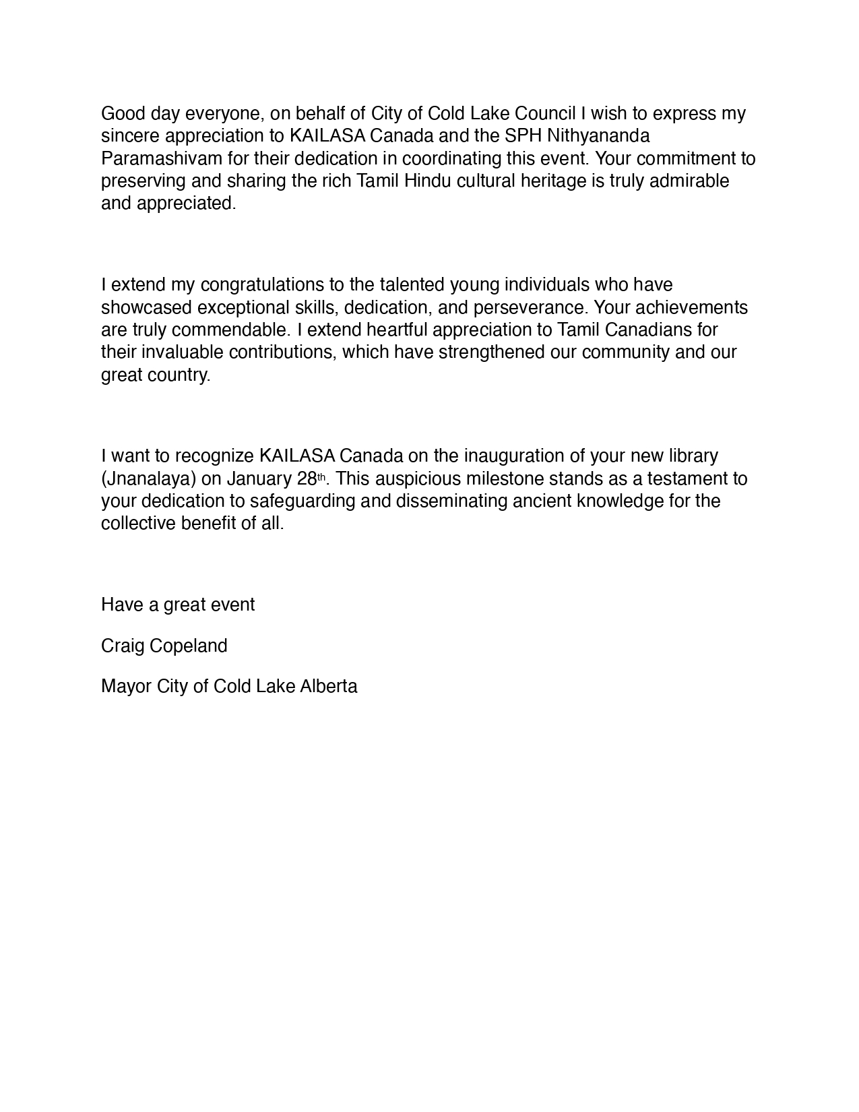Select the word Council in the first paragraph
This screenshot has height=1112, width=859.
click(x=549, y=113)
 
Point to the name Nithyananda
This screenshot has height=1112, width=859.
click(x=598, y=135)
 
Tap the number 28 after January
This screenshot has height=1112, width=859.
click(x=307, y=478)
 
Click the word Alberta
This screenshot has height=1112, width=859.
click(x=329, y=686)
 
